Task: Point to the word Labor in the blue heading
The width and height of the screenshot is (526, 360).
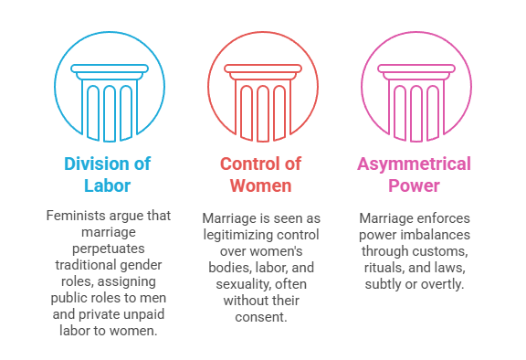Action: click(107, 186)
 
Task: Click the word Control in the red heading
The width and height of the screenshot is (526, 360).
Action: click(247, 164)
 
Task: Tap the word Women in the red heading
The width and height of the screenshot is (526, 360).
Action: click(260, 186)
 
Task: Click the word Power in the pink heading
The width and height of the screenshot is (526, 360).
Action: click(415, 186)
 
